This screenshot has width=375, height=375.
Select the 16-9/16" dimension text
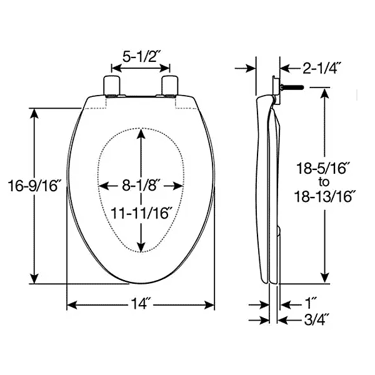[34, 186]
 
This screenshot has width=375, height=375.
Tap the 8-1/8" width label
[139, 185]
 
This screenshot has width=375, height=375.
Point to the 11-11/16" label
[142, 213]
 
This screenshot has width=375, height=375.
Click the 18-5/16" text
[323, 168]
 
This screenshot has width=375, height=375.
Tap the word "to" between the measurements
[324, 182]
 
